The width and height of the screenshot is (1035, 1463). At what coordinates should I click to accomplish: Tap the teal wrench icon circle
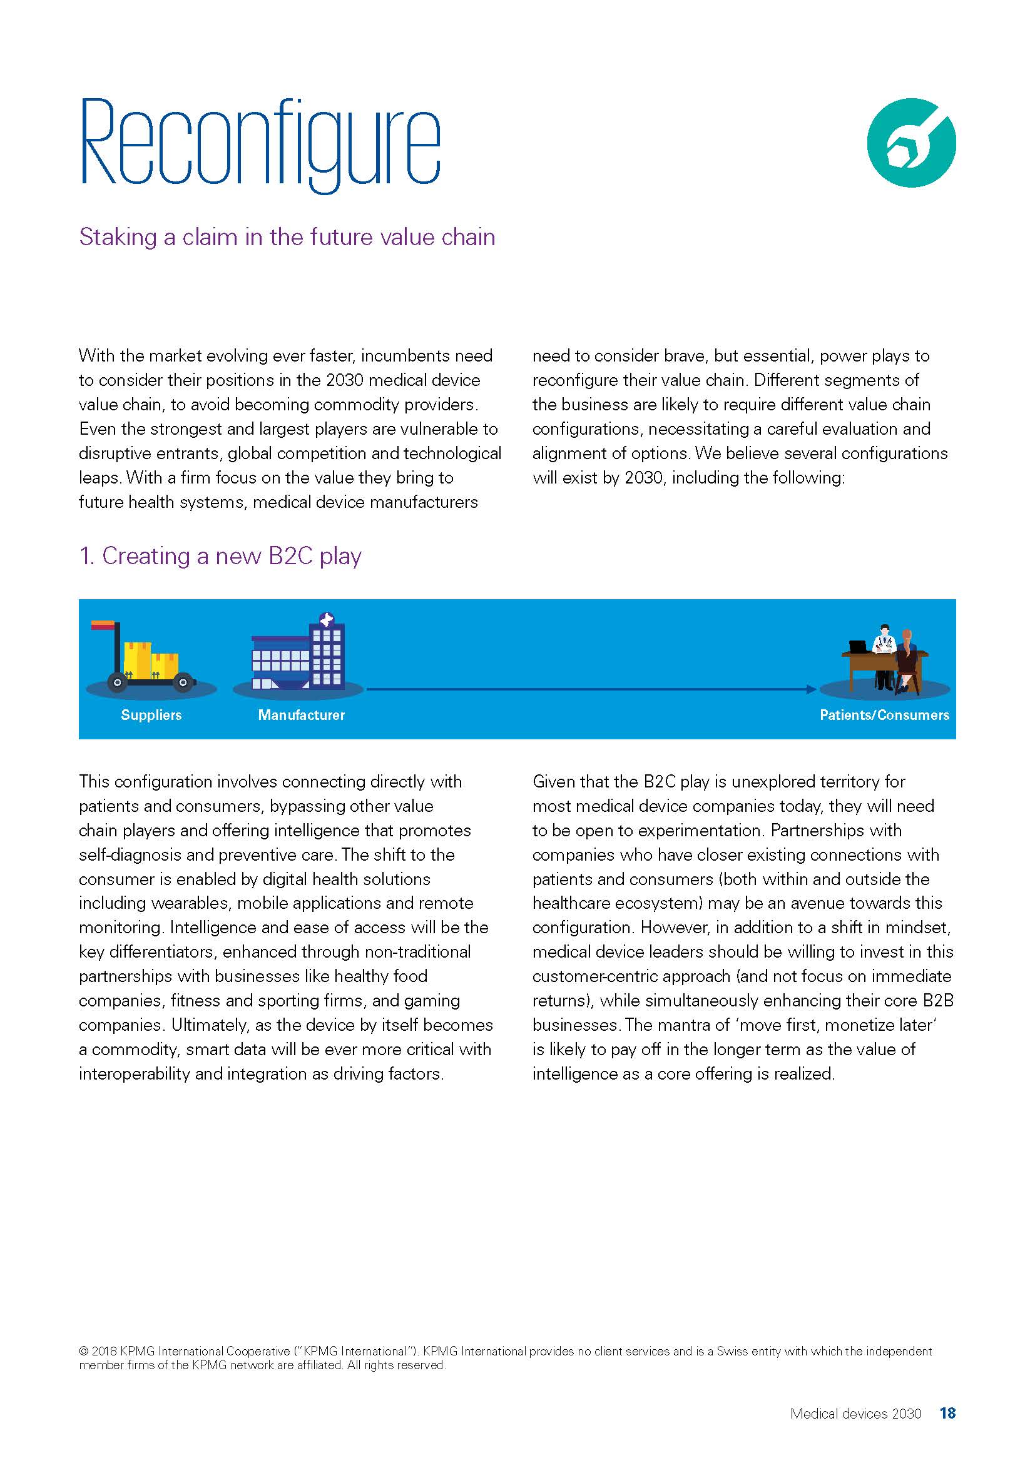pos(910,143)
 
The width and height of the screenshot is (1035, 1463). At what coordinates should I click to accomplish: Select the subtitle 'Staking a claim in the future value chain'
pos(287,237)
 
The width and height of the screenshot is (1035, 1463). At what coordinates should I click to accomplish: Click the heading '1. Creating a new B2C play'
pos(220,556)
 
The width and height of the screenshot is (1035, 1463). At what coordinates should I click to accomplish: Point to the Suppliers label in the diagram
pos(151,715)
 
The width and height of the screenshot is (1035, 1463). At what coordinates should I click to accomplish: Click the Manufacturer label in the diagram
pos(301,715)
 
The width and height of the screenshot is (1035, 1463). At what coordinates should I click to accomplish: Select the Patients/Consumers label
pos(884,715)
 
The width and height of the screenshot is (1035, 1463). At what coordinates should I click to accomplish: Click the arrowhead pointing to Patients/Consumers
pos(810,689)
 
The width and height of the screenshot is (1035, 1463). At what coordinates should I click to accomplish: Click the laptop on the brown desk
pos(860,646)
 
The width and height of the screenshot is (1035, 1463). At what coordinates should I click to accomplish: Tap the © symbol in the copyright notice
pos(83,1351)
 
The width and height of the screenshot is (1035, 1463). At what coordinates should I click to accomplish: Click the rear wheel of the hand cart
pos(116,682)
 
